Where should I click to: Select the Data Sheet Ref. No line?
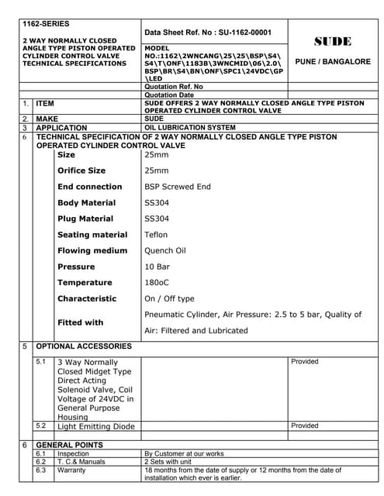click(x=208, y=33)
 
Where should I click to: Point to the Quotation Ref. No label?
click(x=174, y=87)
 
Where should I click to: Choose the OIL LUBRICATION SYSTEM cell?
click(x=190, y=127)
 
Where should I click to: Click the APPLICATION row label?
click(x=62, y=127)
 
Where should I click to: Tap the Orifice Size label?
click(x=81, y=170)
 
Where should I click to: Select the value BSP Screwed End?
click(x=178, y=187)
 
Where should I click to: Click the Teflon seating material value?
click(x=156, y=235)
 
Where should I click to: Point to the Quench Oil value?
click(x=165, y=250)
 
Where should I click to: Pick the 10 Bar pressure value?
click(x=157, y=267)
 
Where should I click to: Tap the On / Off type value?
click(x=170, y=298)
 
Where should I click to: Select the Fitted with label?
click(x=80, y=322)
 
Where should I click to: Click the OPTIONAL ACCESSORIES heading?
click(x=85, y=346)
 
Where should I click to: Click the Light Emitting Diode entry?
click(x=96, y=426)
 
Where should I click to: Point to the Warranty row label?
click(x=72, y=470)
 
